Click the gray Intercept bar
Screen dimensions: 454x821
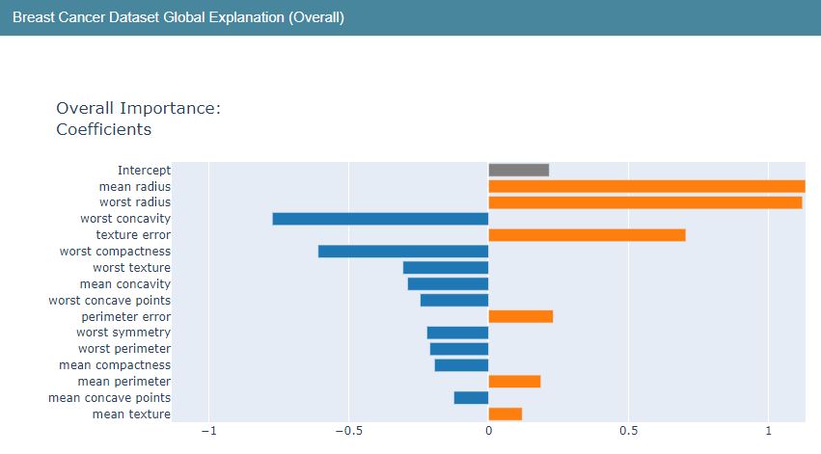(x=518, y=170)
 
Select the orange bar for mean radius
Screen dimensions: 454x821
(x=646, y=186)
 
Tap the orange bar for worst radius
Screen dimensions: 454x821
(x=644, y=202)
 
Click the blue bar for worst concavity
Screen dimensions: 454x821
(x=380, y=219)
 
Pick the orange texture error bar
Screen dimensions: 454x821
(x=587, y=235)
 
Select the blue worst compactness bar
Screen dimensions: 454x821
(x=403, y=252)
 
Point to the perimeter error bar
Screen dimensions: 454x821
(x=520, y=316)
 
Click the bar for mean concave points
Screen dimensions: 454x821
(x=471, y=397)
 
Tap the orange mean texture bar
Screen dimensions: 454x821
(x=505, y=414)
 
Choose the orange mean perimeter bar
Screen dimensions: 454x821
(x=514, y=381)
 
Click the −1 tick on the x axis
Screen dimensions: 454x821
(x=207, y=432)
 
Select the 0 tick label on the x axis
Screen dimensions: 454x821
(x=488, y=432)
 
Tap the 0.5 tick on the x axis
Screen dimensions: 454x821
(x=628, y=432)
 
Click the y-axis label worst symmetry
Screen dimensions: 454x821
(x=123, y=333)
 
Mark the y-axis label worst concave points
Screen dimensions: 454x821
(x=109, y=300)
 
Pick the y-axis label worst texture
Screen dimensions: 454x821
(x=131, y=267)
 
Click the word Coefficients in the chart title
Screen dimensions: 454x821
(x=103, y=129)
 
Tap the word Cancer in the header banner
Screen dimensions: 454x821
(x=80, y=17)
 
